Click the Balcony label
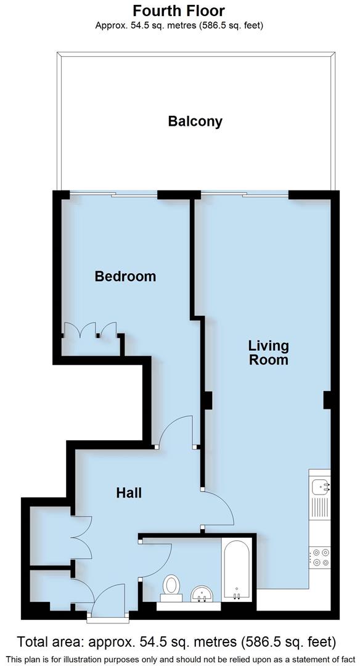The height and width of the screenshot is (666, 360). click(x=195, y=121)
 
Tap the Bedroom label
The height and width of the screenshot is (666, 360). click(x=125, y=276)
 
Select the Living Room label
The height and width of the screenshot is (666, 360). click(x=268, y=353)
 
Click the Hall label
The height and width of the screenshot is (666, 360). click(x=129, y=493)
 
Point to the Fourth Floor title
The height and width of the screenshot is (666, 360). click(x=179, y=10)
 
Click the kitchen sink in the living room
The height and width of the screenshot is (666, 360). click(x=320, y=487)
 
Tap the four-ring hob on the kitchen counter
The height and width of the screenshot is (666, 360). click(x=320, y=557)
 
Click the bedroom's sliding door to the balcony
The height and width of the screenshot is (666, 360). click(x=114, y=195)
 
